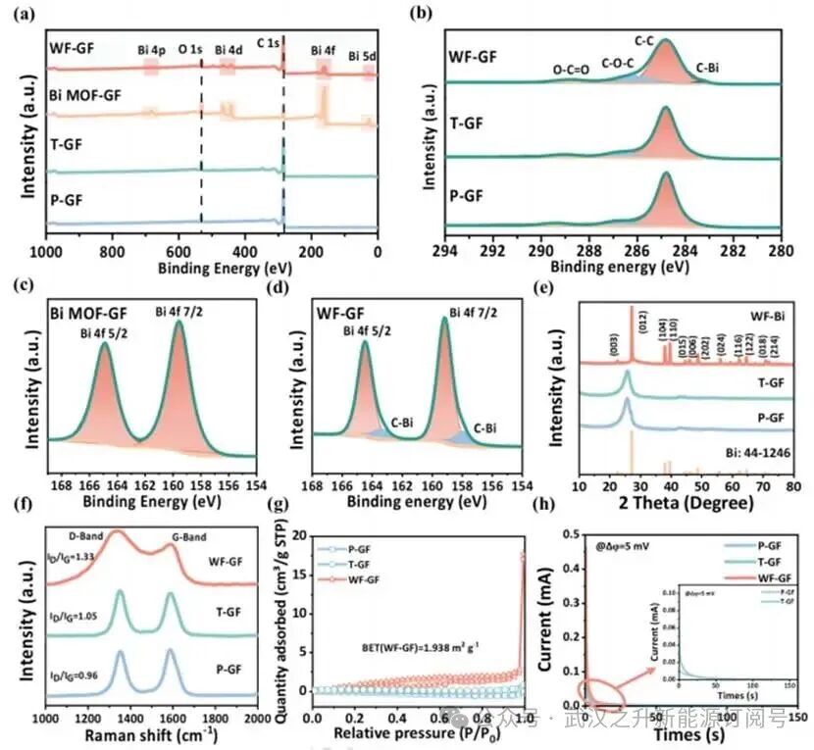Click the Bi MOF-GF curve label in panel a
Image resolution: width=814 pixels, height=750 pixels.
88,96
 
